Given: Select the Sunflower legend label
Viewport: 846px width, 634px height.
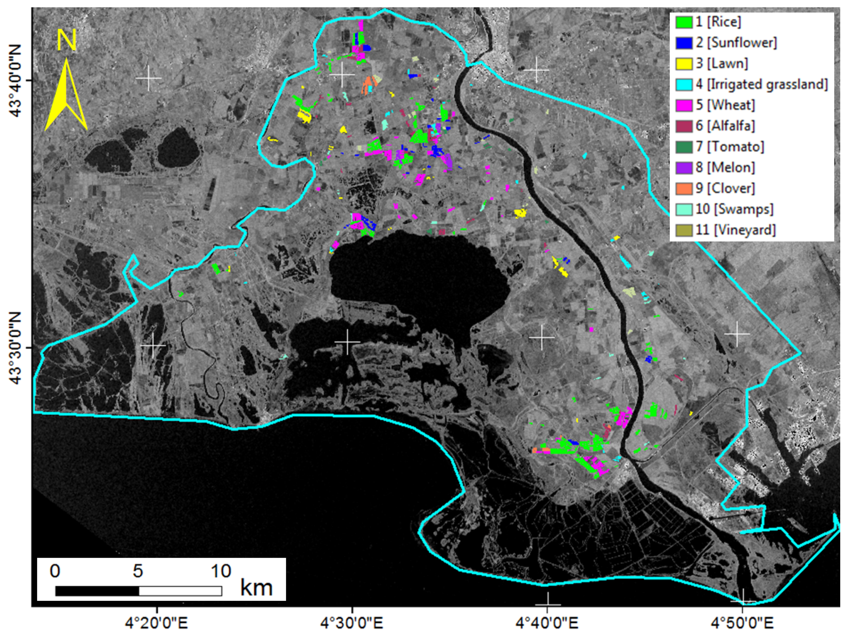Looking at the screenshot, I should click(736, 43).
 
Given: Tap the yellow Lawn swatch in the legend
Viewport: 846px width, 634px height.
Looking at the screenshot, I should click(684, 63).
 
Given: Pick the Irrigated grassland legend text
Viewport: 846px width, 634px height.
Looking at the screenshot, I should click(762, 84).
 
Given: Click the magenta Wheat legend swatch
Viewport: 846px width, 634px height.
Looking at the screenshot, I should click(684, 105).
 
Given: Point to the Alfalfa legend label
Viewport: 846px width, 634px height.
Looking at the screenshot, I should click(725, 126).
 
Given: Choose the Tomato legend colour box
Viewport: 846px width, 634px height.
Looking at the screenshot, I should click(684, 147).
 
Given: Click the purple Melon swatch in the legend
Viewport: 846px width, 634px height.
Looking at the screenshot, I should click(684, 167).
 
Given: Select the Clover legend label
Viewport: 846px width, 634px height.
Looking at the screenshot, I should click(725, 188).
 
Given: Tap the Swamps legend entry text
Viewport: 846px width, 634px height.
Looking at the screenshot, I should click(734, 209).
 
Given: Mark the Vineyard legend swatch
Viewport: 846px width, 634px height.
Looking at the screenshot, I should click(684, 230).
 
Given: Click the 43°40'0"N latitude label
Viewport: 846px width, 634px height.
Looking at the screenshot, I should click(17, 80).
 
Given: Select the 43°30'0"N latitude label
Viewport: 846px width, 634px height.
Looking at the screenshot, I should click(17, 347).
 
